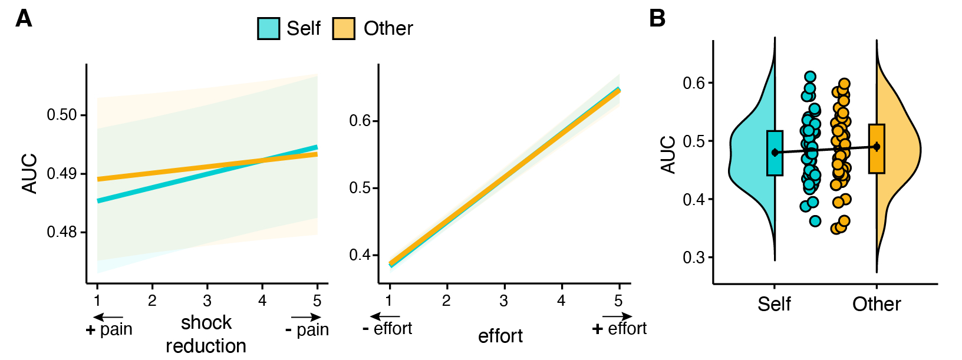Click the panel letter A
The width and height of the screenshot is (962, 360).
(24, 19)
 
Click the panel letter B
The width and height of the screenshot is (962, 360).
(657, 19)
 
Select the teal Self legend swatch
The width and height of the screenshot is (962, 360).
(268, 28)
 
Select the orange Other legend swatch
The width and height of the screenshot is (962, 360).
(344, 28)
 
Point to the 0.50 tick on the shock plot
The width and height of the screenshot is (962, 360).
(62, 115)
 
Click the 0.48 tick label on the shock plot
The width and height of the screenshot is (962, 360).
(62, 232)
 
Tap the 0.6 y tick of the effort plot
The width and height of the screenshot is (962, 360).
(360, 121)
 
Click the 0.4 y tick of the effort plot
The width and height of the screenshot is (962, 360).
(360, 255)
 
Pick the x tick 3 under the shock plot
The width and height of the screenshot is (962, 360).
(207, 301)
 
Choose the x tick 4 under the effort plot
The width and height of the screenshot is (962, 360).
(561, 301)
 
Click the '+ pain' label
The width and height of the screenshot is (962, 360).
(110, 329)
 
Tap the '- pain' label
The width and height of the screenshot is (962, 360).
(307, 329)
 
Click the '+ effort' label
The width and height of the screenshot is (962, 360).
(620, 328)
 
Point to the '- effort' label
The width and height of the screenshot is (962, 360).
(387, 328)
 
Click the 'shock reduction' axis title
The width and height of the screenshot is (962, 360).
(206, 334)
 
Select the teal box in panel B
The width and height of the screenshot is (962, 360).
(775, 153)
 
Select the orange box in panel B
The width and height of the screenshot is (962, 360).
(877, 148)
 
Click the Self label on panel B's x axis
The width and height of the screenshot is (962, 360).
(774, 304)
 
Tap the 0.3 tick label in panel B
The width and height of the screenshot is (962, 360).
(694, 257)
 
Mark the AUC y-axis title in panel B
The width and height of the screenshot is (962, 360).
(668, 154)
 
